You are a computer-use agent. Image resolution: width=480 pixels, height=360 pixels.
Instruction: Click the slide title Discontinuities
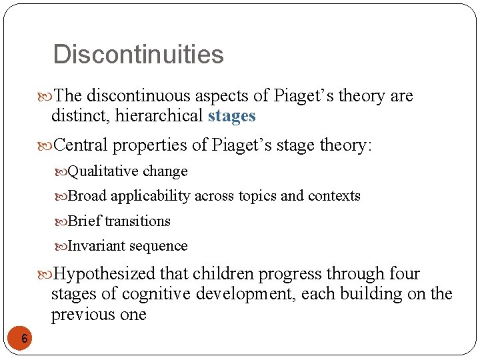[138, 54]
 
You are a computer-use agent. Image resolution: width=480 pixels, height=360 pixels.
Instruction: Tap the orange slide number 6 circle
[24, 339]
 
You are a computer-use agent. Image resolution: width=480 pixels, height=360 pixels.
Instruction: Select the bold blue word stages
[231, 116]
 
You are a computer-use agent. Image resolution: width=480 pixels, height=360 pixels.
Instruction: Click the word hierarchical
[159, 116]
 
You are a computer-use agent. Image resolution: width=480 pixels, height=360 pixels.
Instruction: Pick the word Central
[79, 145]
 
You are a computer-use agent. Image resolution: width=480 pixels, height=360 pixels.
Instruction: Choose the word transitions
[137, 221]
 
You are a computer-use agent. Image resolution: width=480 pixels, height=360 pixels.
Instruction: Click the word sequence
[159, 246]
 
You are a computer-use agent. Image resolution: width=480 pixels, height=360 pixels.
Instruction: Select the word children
[229, 274]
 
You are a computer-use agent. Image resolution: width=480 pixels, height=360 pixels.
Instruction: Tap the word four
[405, 274]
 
